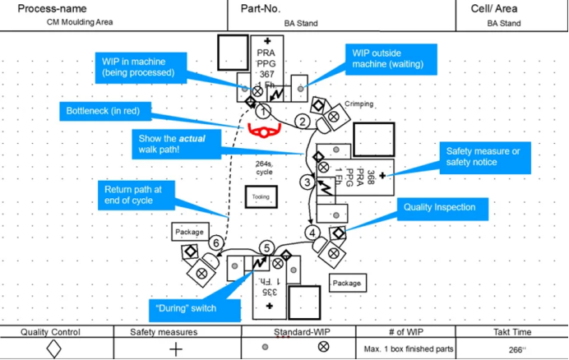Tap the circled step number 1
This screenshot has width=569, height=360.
click(263, 112)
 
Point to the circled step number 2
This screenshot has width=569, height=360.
click(303, 122)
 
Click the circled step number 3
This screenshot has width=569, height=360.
click(307, 182)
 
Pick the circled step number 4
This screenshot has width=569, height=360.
click(313, 233)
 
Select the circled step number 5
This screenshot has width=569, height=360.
click(266, 248)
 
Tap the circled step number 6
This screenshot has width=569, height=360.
click(215, 243)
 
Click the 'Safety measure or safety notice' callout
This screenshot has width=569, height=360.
click(483, 156)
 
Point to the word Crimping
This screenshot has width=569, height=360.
click(359, 104)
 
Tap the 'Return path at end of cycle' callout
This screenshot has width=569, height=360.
click(134, 194)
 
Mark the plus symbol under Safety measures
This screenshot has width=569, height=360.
click(175, 348)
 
